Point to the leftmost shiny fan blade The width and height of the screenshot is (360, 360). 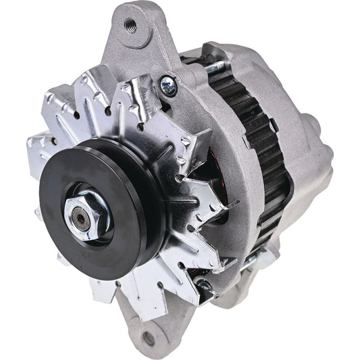(x=42, y=145)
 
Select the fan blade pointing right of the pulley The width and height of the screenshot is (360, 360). (x=203, y=203)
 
